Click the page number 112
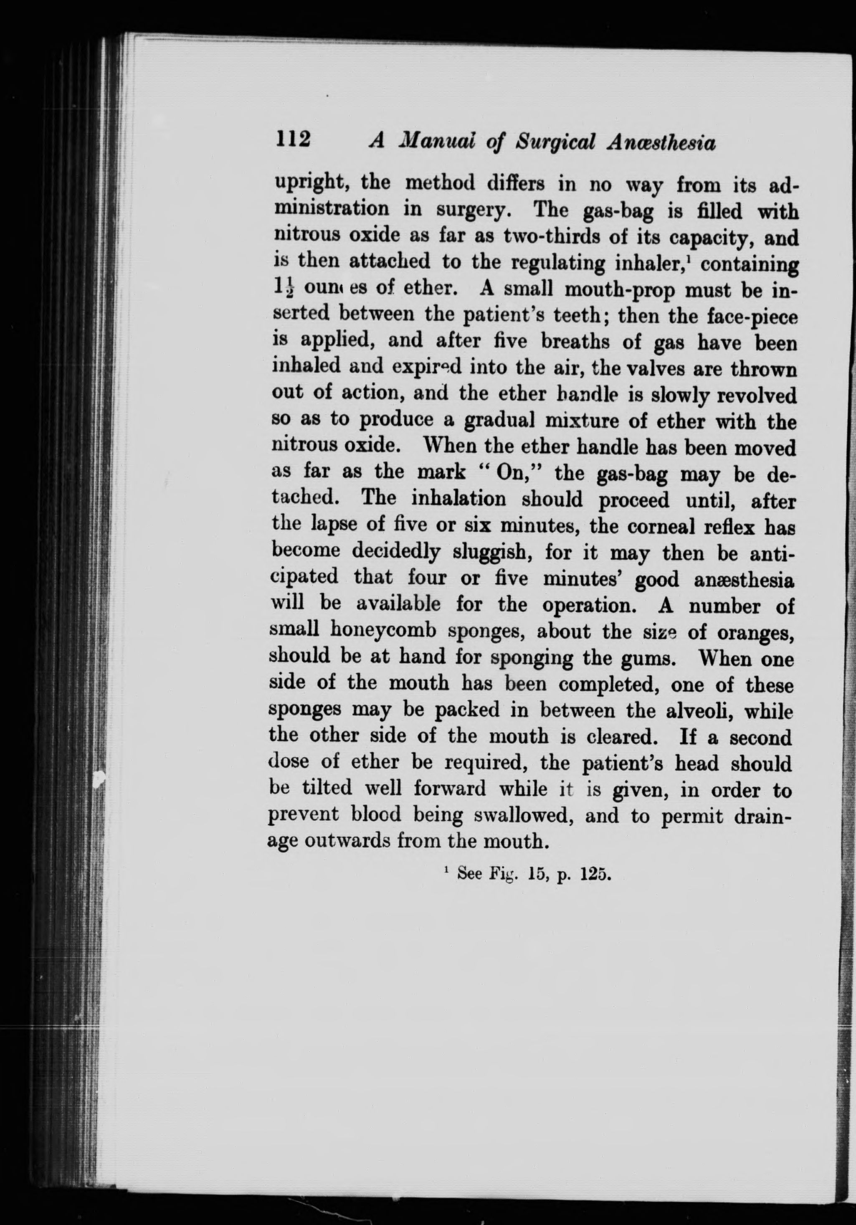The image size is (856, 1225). [x=293, y=140]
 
